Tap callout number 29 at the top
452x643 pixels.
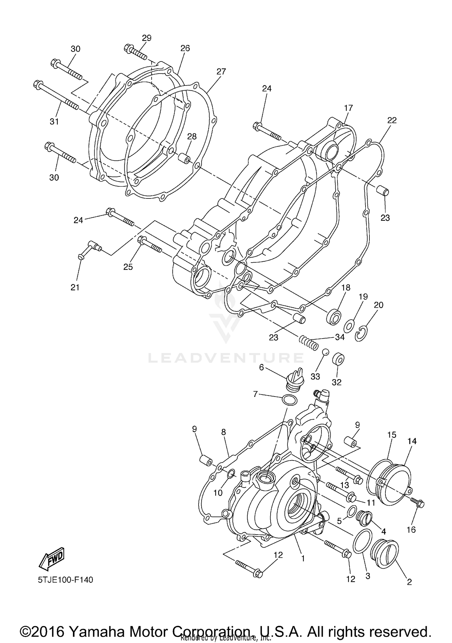[146, 38]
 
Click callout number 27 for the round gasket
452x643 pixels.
[221, 72]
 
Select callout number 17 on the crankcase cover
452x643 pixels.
[348, 108]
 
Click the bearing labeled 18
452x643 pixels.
[334, 316]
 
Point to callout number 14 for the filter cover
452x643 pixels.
[412, 441]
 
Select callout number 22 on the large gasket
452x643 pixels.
[392, 120]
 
